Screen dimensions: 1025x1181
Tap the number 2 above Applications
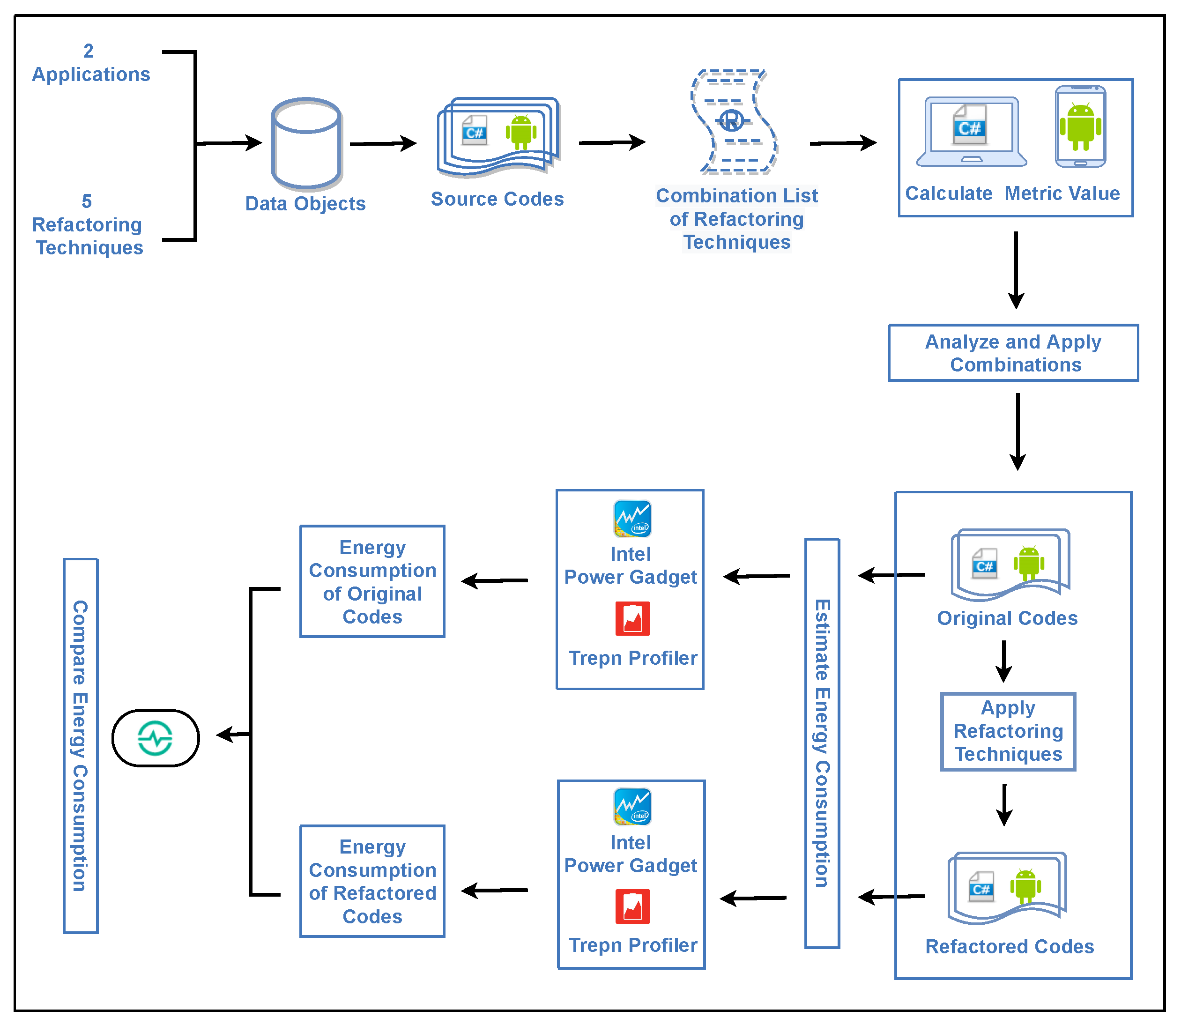click(88, 51)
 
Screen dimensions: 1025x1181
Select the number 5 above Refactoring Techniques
click(87, 201)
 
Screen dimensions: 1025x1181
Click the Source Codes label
click(497, 199)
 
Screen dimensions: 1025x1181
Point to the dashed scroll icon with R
click(734, 121)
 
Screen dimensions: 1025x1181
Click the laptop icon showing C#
click(971, 132)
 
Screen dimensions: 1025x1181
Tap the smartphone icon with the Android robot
click(1080, 126)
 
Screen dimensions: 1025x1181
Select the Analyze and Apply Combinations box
click(1013, 353)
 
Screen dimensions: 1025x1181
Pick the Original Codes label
click(1007, 618)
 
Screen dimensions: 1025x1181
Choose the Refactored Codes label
click(1010, 947)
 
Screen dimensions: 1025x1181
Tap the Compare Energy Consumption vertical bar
click(81, 745)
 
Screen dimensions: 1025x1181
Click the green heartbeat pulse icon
click(155, 738)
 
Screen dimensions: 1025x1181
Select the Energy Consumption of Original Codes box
click(372, 582)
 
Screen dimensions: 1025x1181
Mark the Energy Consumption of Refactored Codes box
click(372, 881)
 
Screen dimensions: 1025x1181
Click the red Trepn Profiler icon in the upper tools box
click(632, 618)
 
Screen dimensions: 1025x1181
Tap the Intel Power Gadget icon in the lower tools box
click(632, 807)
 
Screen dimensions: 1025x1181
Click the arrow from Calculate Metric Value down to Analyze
click(1016, 269)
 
